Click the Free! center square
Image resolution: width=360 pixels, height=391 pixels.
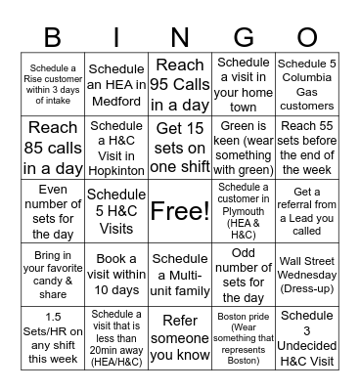point(180,211)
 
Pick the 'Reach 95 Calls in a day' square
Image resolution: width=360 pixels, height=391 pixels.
point(180,85)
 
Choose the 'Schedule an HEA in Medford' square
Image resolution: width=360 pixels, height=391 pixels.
point(116,85)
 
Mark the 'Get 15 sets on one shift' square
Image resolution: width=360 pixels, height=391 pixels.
point(180,148)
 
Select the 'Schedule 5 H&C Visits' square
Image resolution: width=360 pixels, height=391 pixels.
point(116,211)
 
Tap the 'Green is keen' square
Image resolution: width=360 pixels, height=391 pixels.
point(244,148)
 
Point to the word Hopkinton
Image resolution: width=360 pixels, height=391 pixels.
point(116,166)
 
